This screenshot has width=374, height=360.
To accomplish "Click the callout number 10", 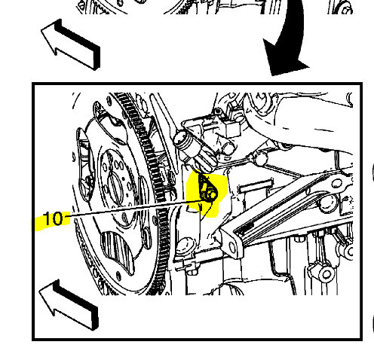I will [x=52, y=219].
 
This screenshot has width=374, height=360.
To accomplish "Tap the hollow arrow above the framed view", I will [x=71, y=45].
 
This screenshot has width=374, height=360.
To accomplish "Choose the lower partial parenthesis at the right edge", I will [x=371, y=324].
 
